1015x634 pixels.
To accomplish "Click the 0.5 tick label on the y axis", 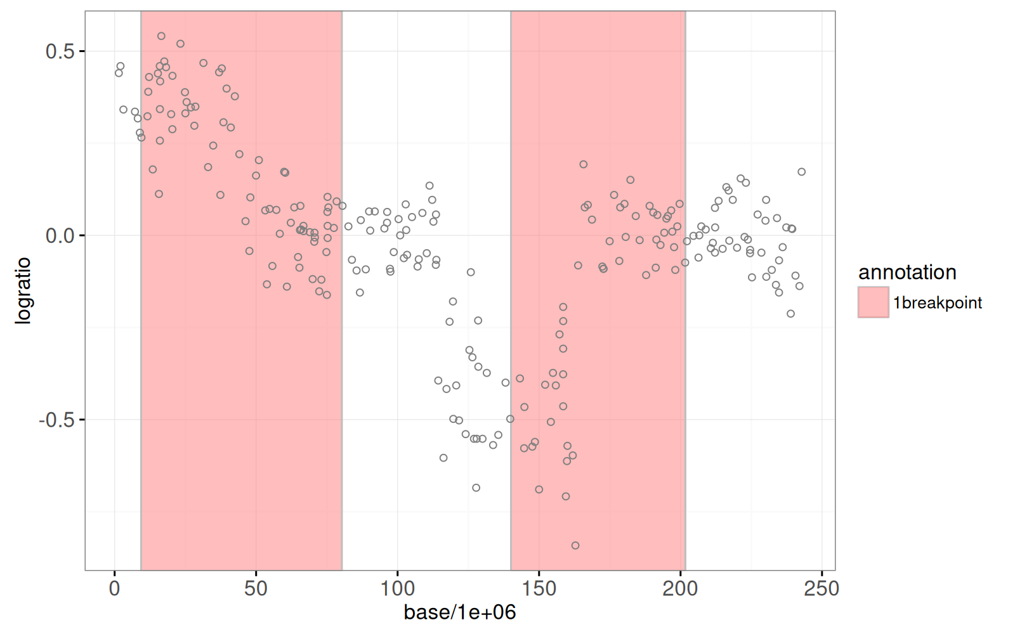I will pos(60,51).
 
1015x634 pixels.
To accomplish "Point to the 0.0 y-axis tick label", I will pos(60,236).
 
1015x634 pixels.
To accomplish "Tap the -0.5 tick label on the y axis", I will pos(57,420).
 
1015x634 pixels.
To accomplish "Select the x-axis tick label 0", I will pos(114,589).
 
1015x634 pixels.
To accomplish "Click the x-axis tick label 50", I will pos(256,589).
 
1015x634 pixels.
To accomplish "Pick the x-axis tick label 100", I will pos(397,589).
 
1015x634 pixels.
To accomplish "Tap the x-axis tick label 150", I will pos(539,589).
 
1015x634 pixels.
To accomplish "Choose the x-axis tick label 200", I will pos(680,589).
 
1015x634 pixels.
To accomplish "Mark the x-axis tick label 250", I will pos(822,589).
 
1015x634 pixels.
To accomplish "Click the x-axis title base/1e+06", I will pos(460,612).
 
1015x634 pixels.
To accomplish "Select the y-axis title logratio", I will pos(23,291).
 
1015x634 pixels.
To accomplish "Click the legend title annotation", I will pos(907,273).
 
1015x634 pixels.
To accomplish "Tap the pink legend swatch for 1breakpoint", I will pos(873,302).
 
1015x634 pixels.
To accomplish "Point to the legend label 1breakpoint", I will pos(937,303).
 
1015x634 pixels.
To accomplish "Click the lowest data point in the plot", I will pos(575,546).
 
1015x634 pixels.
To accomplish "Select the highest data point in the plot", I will pos(161,36).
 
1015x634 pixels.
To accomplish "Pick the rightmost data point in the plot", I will pos(802,172).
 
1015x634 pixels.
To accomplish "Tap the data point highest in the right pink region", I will pos(584,165).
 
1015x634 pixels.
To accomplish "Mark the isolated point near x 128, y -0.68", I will pos(476,488).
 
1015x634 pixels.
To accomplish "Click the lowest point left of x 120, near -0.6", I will pos(443,458).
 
